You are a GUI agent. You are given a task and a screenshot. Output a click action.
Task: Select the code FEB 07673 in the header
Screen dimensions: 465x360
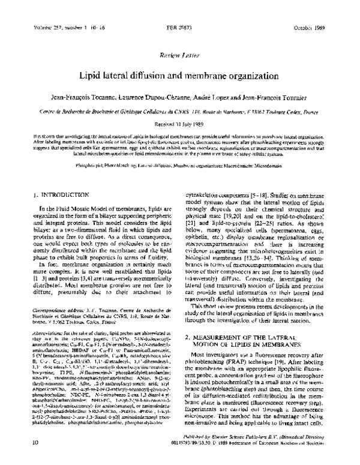(x=179, y=29)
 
